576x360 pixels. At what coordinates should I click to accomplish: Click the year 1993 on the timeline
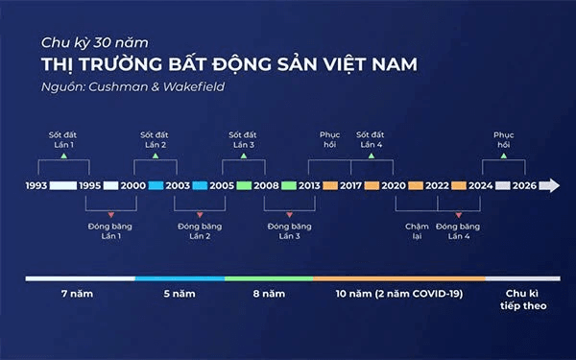tap(36, 185)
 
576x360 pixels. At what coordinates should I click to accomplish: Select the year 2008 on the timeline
tap(266, 185)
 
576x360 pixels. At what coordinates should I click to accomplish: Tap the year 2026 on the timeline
tap(524, 185)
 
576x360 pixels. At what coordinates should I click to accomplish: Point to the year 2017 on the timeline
tap(350, 185)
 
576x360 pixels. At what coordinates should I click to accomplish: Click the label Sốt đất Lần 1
tap(65, 138)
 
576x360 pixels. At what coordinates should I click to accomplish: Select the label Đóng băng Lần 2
tap(200, 231)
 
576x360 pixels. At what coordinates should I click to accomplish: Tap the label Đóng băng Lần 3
tap(289, 231)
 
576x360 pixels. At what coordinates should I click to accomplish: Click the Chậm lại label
tap(414, 231)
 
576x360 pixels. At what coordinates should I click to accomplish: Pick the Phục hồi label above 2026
tap(504, 138)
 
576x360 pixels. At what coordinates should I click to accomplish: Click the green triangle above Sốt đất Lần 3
tap(243, 155)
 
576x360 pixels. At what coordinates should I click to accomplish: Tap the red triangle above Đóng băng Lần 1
tap(111, 214)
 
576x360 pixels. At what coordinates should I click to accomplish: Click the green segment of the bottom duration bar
tap(268, 277)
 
